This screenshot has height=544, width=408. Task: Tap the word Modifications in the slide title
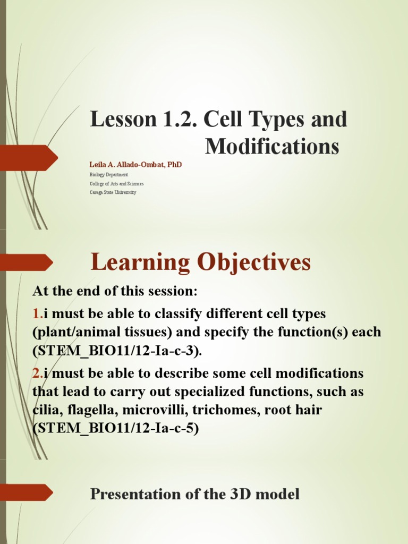pyautogui.click(x=272, y=146)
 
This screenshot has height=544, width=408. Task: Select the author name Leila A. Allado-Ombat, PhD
pyautogui.click(x=135, y=165)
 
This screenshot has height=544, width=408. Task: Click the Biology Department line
pyautogui.click(x=109, y=174)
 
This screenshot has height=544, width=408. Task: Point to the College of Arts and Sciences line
pyautogui.click(x=117, y=183)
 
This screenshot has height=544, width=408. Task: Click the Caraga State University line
pyautogui.click(x=113, y=192)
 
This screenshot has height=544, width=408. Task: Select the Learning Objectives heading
pyautogui.click(x=200, y=262)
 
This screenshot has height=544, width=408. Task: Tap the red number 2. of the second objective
pyautogui.click(x=38, y=373)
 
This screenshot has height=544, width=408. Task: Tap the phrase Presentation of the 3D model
pyautogui.click(x=195, y=494)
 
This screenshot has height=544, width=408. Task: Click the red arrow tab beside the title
pyautogui.click(x=29, y=158)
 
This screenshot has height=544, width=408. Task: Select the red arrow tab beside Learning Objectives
pyautogui.click(x=27, y=262)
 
